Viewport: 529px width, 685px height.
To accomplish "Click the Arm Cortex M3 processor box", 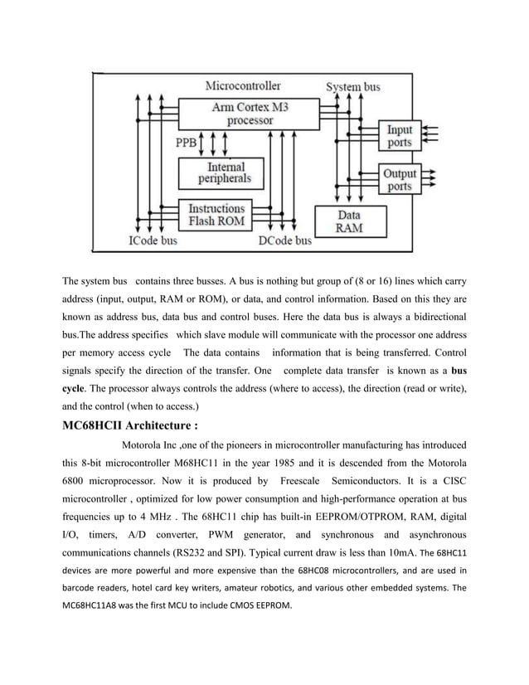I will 250,114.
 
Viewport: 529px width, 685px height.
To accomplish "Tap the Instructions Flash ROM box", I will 216,215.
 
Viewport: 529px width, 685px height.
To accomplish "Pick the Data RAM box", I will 348,221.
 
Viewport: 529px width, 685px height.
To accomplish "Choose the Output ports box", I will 400,180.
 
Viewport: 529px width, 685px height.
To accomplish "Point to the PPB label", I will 187,143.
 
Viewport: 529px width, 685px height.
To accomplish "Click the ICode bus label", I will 153,241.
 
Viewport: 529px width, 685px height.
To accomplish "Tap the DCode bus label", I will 285,241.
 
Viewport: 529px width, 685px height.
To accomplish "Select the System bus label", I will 353,86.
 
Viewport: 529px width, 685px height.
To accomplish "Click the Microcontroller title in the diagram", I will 243,85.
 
